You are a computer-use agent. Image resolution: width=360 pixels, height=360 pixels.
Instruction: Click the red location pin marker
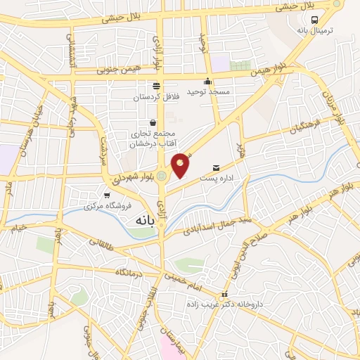click(x=181, y=165)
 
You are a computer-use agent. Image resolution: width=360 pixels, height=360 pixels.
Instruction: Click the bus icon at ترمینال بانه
click(x=314, y=20)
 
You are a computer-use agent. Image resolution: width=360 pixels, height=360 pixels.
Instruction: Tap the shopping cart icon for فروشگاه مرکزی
click(x=106, y=196)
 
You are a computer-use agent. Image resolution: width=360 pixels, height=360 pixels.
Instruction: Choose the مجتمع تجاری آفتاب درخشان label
click(x=153, y=139)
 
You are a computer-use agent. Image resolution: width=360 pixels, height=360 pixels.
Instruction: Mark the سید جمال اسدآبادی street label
click(x=207, y=225)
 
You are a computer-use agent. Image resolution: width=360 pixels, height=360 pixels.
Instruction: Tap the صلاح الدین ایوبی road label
click(x=258, y=238)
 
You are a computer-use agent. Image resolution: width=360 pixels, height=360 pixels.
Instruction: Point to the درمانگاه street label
click(x=131, y=271)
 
